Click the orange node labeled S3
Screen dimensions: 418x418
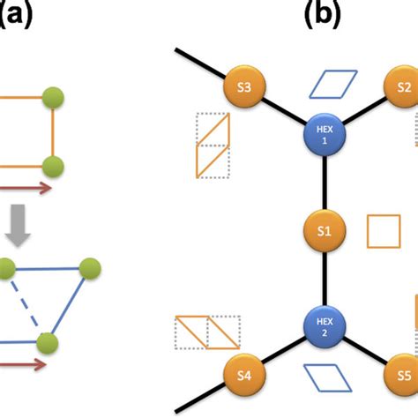coord(244,86)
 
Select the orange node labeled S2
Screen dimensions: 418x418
coord(403,86)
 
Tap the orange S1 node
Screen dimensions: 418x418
coord(325,231)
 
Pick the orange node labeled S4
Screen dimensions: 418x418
coord(244,375)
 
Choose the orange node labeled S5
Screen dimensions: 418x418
coord(403,375)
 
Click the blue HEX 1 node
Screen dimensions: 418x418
coord(325,135)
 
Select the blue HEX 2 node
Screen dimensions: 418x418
coord(325,327)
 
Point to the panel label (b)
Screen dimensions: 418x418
coord(323,15)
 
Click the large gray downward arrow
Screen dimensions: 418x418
coord(18,226)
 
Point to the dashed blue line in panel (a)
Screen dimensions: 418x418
coord(24,304)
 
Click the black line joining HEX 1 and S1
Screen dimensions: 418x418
coord(325,183)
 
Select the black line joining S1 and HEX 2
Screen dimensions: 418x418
coord(325,279)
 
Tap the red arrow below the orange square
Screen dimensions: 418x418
coord(25,188)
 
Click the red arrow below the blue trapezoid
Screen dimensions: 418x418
coord(22,364)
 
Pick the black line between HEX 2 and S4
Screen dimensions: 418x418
coord(283,351)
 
